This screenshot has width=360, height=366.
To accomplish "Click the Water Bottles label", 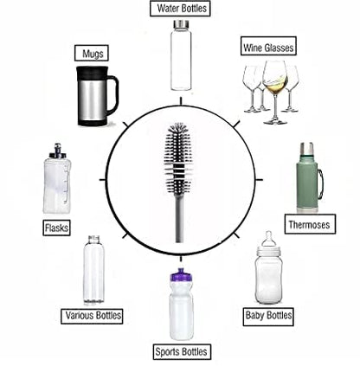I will [181, 10].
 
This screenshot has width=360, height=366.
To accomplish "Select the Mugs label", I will [91, 54].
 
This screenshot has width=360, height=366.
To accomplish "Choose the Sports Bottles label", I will [181, 351].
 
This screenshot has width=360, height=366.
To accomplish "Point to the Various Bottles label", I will [92, 315].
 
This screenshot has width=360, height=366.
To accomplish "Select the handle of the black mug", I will [112, 95].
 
